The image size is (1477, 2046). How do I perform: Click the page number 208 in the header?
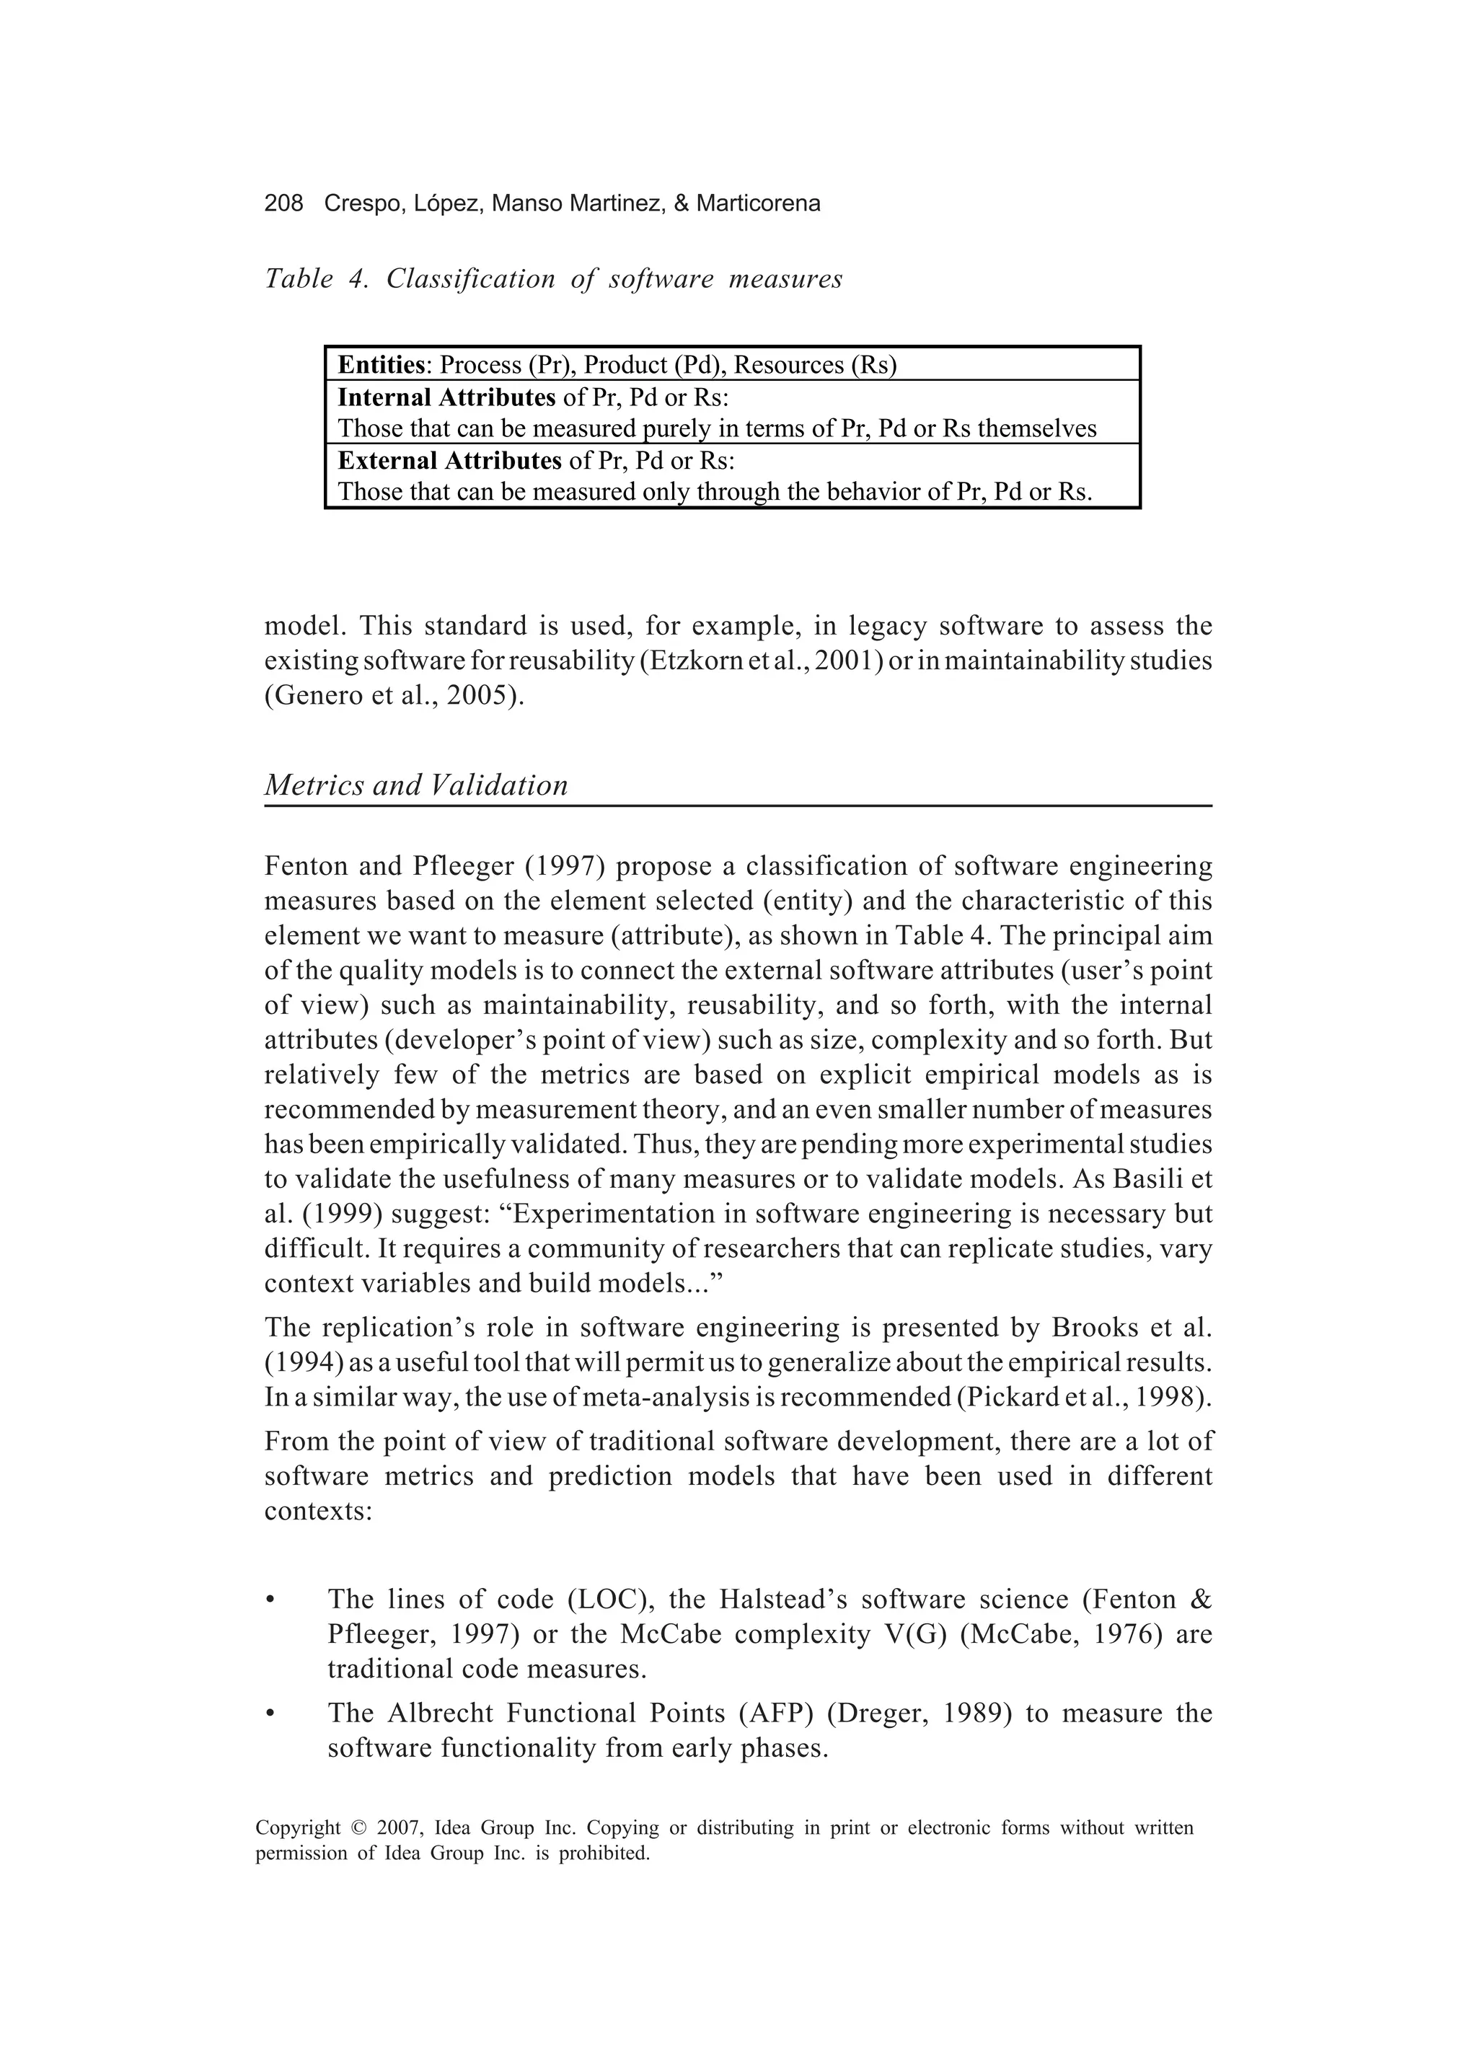[x=283, y=204]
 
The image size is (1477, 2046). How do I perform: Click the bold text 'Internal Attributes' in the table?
[x=446, y=398]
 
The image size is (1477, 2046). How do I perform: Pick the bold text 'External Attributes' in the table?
[x=449, y=461]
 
